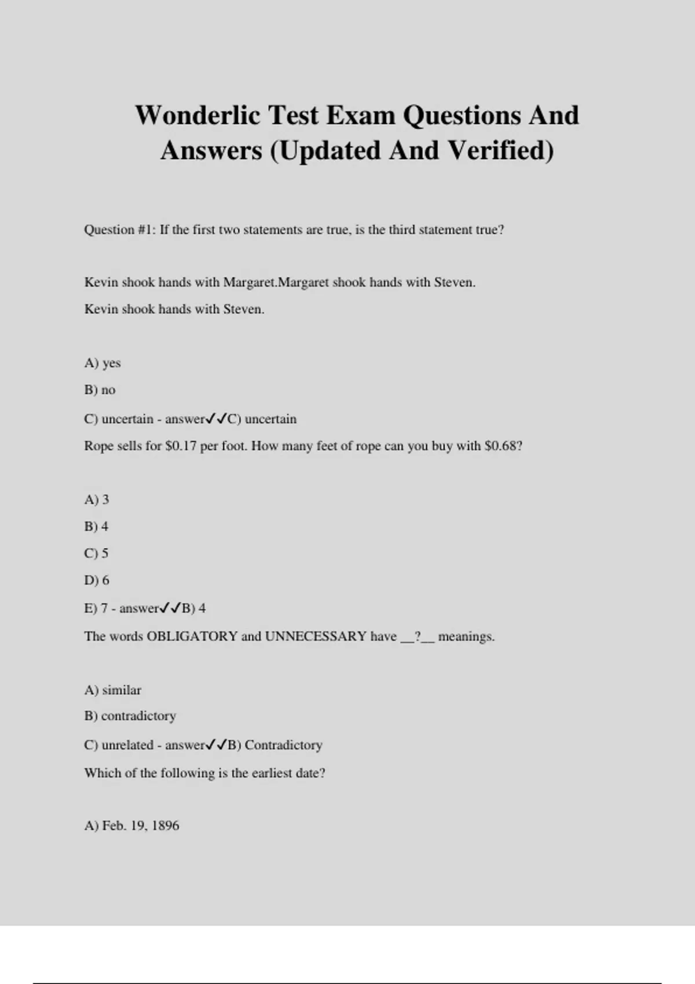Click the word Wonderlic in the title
[x=198, y=115]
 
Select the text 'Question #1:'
[x=120, y=230]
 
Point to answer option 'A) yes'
[x=103, y=363]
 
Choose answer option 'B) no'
[x=100, y=390]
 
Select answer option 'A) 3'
[x=97, y=500]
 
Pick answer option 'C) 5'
[x=96, y=553]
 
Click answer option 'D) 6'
[x=97, y=580]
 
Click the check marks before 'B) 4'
[x=170, y=608]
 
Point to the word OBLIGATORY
[x=192, y=636]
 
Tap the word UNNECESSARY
[x=316, y=636]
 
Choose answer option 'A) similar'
[x=113, y=690]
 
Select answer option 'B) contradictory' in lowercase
[x=130, y=716]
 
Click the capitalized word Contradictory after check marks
[x=283, y=745]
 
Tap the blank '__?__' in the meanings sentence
[x=417, y=637]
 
